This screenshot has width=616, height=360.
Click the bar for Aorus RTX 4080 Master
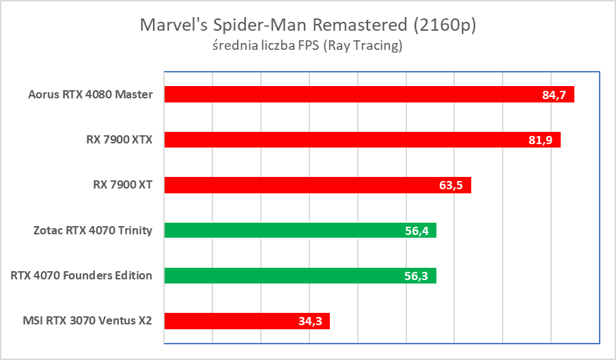point(369,94)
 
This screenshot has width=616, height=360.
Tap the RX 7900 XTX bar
point(362,140)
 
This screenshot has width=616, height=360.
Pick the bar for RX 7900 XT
point(318,185)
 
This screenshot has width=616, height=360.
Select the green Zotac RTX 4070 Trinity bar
point(300,230)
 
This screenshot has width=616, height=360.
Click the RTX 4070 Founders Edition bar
point(300,275)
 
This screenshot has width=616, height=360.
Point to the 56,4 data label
point(416,231)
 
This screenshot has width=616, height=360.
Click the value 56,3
point(416,276)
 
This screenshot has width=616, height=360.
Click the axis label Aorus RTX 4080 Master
point(91,94)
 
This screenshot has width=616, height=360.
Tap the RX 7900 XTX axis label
point(120,140)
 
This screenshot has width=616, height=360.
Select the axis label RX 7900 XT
point(122,185)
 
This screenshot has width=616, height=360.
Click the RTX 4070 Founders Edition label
point(82,275)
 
